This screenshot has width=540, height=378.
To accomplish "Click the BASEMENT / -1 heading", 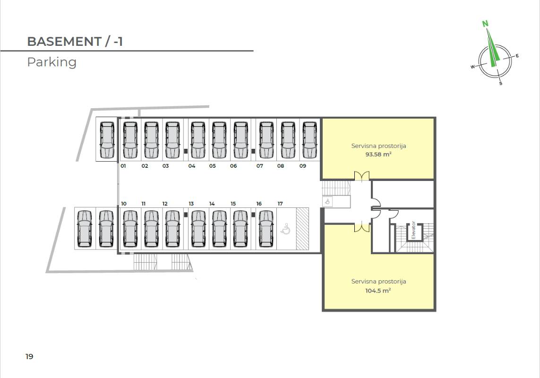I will pyautogui.click(x=75, y=42).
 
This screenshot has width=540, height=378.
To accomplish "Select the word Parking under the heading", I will pyautogui.click(x=51, y=62).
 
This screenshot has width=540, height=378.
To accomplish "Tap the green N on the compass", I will pyautogui.click(x=485, y=24).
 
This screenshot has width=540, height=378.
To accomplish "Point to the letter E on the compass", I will pyautogui.click(x=517, y=56).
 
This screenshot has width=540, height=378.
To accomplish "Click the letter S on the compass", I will pyautogui.click(x=501, y=84).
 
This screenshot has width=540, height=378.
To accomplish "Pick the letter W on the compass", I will pyautogui.click(x=472, y=67).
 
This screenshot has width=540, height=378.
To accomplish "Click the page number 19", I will pyautogui.click(x=29, y=356).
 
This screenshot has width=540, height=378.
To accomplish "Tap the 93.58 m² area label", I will pyautogui.click(x=378, y=154).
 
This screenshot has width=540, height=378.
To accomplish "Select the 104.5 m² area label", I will pyautogui.click(x=378, y=291).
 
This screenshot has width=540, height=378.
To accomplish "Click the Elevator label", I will pyautogui.click(x=413, y=230).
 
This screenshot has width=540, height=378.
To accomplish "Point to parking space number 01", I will pyautogui.click(x=123, y=166).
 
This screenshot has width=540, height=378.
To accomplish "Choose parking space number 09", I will pyautogui.click(x=303, y=166).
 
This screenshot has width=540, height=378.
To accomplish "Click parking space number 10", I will pyautogui.click(x=123, y=204).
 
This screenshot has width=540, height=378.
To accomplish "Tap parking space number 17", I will pyautogui.click(x=280, y=204).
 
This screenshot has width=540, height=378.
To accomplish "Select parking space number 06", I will pyautogui.click(x=233, y=166).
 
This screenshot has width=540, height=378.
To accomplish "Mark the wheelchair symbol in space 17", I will pyautogui.click(x=285, y=230).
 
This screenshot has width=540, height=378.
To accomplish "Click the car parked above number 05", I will pyautogui.click(x=219, y=140).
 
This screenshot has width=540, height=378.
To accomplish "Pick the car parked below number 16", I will pyautogui.click(x=266, y=229).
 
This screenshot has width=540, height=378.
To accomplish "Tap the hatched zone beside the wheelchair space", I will pyautogui.click(x=302, y=229).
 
